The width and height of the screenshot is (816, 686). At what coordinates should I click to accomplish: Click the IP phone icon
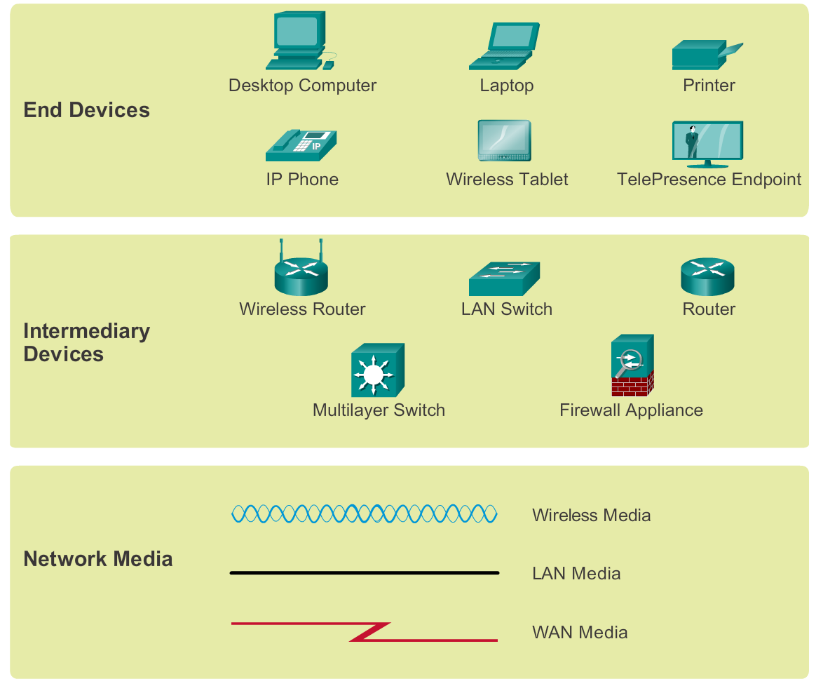click(301, 144)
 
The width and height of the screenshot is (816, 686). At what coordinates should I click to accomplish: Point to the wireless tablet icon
click(505, 141)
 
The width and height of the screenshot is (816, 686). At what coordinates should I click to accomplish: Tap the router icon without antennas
click(707, 275)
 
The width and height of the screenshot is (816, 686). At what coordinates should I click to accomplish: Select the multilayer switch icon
click(378, 370)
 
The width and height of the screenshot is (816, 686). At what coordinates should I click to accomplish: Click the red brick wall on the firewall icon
click(632, 384)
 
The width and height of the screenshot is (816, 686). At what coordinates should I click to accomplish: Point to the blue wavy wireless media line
click(365, 514)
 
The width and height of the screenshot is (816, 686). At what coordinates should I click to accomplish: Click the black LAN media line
click(365, 573)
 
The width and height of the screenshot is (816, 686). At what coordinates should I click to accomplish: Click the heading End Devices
click(86, 110)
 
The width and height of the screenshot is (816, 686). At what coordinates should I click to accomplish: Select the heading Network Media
click(97, 559)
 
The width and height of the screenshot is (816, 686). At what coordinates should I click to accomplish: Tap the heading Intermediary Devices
click(86, 342)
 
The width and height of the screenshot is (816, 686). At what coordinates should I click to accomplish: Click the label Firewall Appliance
click(631, 410)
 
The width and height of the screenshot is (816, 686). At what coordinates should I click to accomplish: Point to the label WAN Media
click(580, 633)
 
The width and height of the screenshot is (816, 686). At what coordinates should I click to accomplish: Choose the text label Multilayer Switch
click(379, 410)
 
